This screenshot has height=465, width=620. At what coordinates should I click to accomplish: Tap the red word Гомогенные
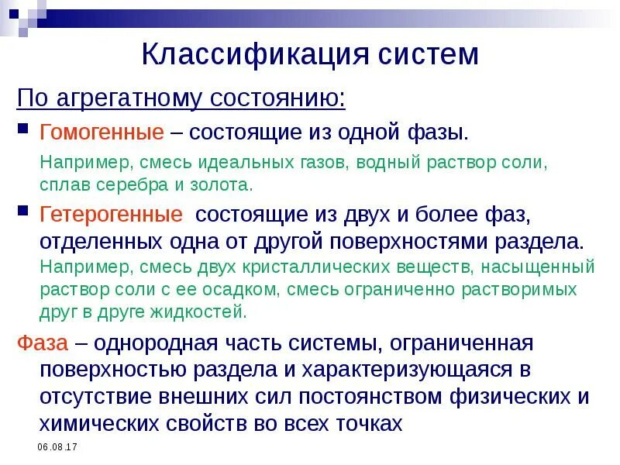102,132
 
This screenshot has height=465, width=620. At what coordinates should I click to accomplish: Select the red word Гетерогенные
112,214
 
